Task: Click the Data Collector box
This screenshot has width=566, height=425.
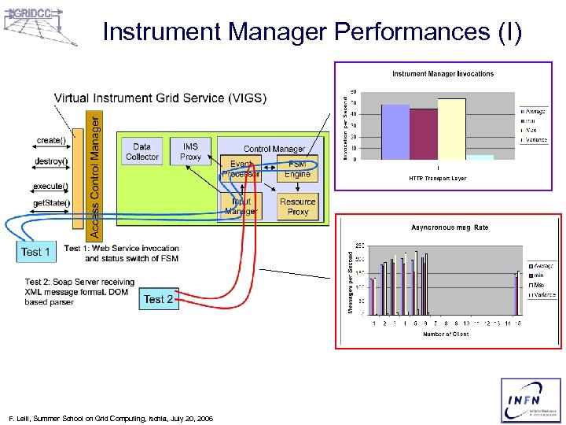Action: point(142,152)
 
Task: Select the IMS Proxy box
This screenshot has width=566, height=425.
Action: point(191,152)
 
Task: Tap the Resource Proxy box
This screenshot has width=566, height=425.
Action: point(298,206)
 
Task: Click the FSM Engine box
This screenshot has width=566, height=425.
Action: point(298,169)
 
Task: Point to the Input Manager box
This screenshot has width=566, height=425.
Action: point(241,206)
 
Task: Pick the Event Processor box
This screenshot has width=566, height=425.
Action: point(241,169)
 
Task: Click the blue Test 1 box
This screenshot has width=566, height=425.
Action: point(35,252)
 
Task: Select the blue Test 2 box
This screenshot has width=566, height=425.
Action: point(158,299)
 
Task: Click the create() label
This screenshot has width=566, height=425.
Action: point(51,141)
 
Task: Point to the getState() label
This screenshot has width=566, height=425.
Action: point(50,202)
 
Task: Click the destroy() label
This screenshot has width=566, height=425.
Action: point(51,161)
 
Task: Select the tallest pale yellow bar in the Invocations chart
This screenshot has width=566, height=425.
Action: point(451,129)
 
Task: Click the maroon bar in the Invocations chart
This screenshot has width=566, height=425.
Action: point(424,134)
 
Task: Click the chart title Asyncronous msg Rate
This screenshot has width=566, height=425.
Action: point(450,227)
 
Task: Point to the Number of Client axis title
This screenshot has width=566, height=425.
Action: point(445,334)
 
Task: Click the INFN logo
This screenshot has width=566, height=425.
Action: point(531,401)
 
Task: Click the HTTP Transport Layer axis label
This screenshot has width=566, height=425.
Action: point(437,179)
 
